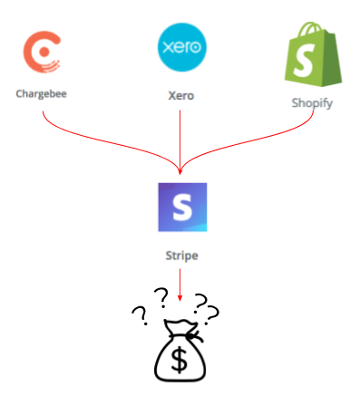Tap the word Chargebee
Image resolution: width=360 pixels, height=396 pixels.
pyautogui.click(x=41, y=94)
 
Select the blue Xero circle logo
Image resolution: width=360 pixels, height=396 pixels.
pyautogui.click(x=182, y=47)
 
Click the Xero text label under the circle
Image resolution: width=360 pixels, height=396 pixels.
pyautogui.click(x=181, y=96)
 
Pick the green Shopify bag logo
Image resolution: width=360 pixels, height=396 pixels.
pyautogui.click(x=313, y=54)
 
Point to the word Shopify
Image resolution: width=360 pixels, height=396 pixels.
pyautogui.click(x=312, y=103)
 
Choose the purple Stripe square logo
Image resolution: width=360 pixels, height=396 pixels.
pyautogui.click(x=182, y=208)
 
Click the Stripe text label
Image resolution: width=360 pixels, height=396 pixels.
pyautogui.click(x=182, y=256)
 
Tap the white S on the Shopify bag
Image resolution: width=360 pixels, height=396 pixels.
pyautogui.click(x=304, y=60)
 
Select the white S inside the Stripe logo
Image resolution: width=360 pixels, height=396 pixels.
pyautogui.click(x=182, y=208)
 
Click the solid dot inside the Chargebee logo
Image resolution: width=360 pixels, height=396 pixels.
pyautogui.click(x=44, y=52)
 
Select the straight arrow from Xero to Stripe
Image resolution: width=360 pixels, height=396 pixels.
pyautogui.click(x=180, y=142)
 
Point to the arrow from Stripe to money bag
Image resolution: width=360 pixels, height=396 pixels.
pyautogui.click(x=180, y=285)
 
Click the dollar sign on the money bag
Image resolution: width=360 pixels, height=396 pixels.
pyautogui.click(x=179, y=360)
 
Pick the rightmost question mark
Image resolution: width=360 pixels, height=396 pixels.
pyautogui.click(x=211, y=315)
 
